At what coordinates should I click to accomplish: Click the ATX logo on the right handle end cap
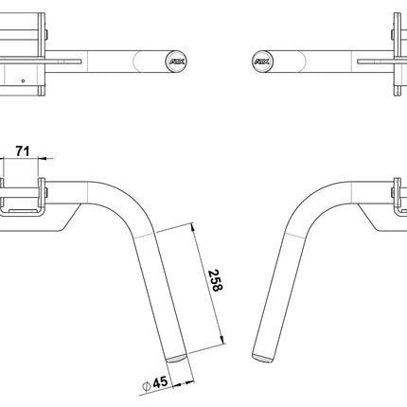click(x=260, y=60)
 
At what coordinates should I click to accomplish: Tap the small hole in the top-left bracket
click(x=22, y=81)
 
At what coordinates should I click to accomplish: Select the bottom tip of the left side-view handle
click(x=177, y=359)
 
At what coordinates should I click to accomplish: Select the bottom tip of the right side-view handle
click(x=260, y=357)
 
